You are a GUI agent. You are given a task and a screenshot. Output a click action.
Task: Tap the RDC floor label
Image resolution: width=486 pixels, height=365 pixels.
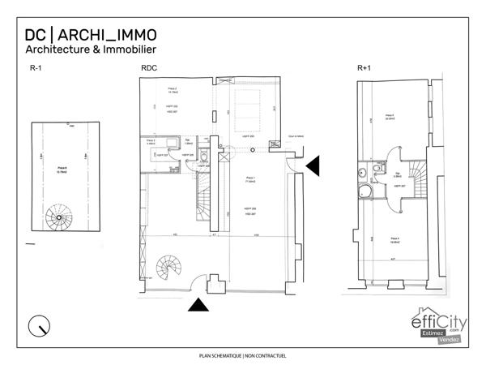[149, 69]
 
